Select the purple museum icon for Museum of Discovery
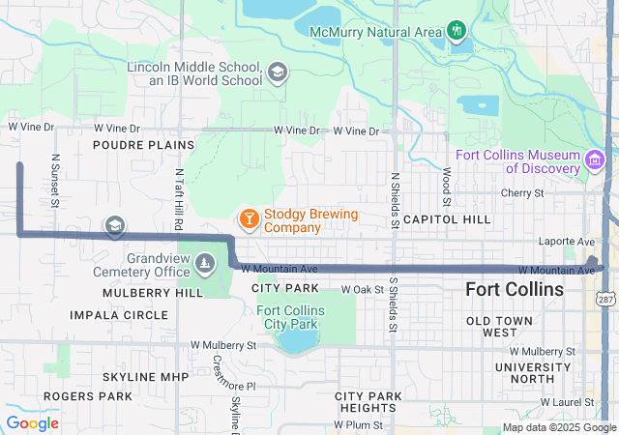[595, 159]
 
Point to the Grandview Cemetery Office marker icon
[205, 262]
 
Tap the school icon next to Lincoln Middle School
[278, 72]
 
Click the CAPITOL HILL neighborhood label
[447, 219]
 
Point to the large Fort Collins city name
[514, 289]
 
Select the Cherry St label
[522, 193]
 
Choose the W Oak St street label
[364, 289]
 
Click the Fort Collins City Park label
[291, 316]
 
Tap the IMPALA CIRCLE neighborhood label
[118, 315]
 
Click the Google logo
[32, 422]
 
